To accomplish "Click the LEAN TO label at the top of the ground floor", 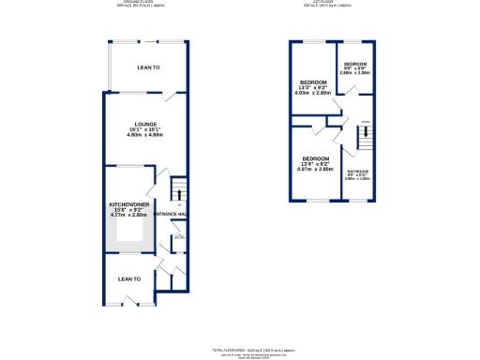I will coord(148,67).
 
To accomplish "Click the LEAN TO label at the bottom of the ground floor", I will coord(128,278).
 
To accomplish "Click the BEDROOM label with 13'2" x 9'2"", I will coord(314,82).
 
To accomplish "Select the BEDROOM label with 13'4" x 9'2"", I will coord(315,158).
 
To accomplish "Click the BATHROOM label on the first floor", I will coord(357,172).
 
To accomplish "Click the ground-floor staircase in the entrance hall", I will coord(176,195).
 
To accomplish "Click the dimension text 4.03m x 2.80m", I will coord(314,93).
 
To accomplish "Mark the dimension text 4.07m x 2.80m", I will coord(315,170).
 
